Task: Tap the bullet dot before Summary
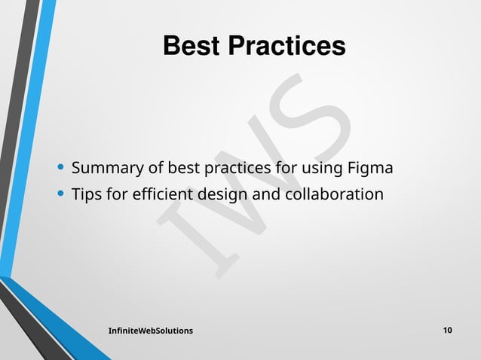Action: (61, 166)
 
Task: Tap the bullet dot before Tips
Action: (61, 194)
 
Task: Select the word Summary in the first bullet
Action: (107, 166)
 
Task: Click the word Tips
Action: (87, 195)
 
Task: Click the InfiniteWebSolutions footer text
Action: (150, 331)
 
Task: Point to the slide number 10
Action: (448, 331)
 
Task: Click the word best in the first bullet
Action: (182, 166)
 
